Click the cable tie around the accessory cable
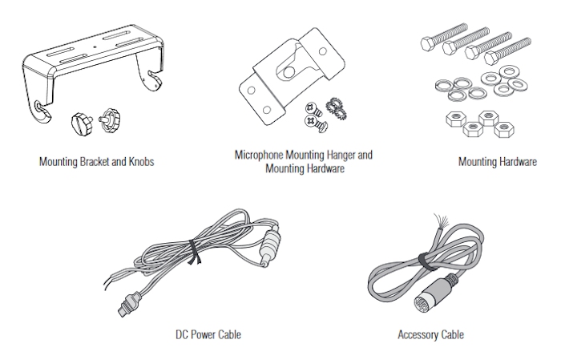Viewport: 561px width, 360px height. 420,258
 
